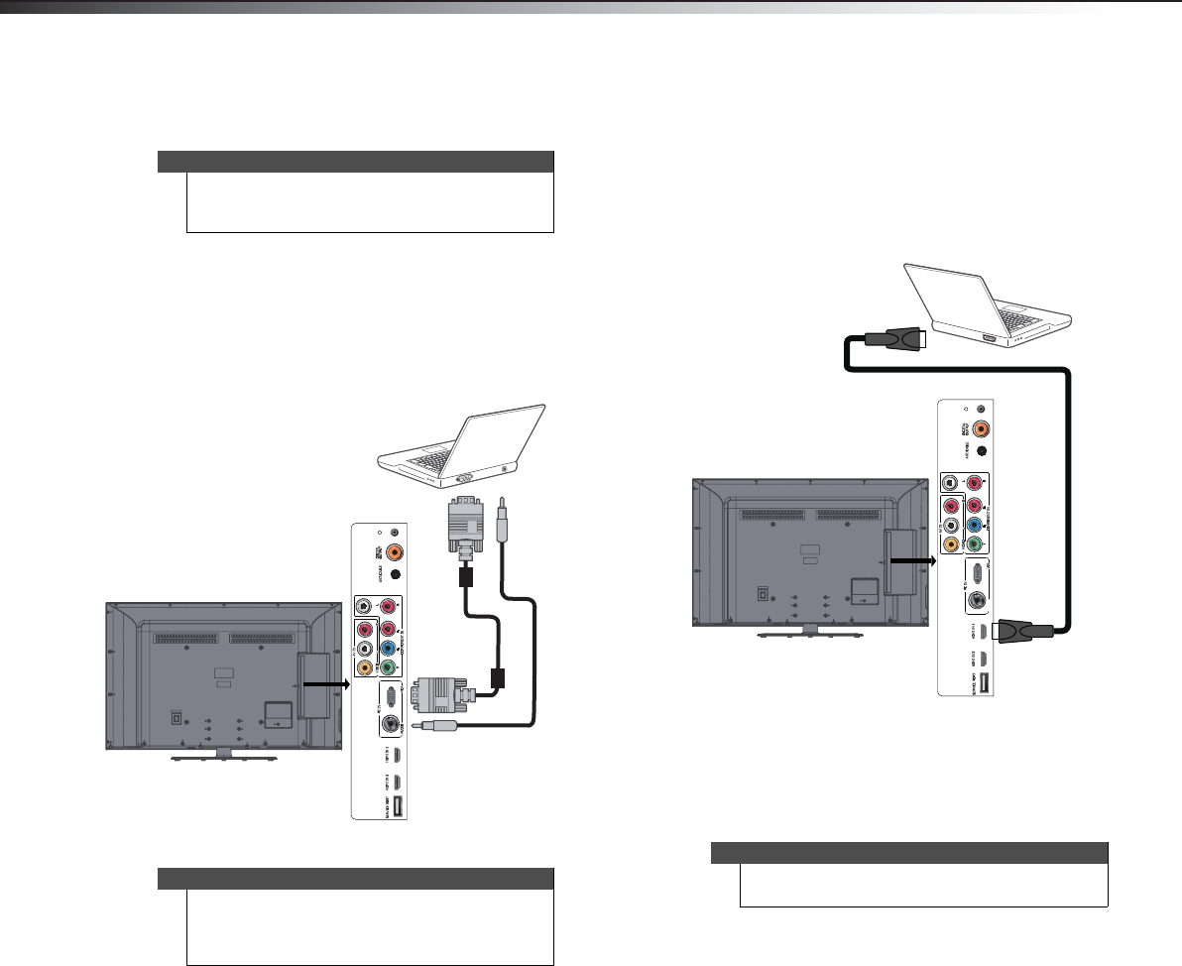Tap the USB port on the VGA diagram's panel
398,808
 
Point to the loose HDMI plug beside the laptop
894,339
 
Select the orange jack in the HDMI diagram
981,429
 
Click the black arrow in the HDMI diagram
911,559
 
